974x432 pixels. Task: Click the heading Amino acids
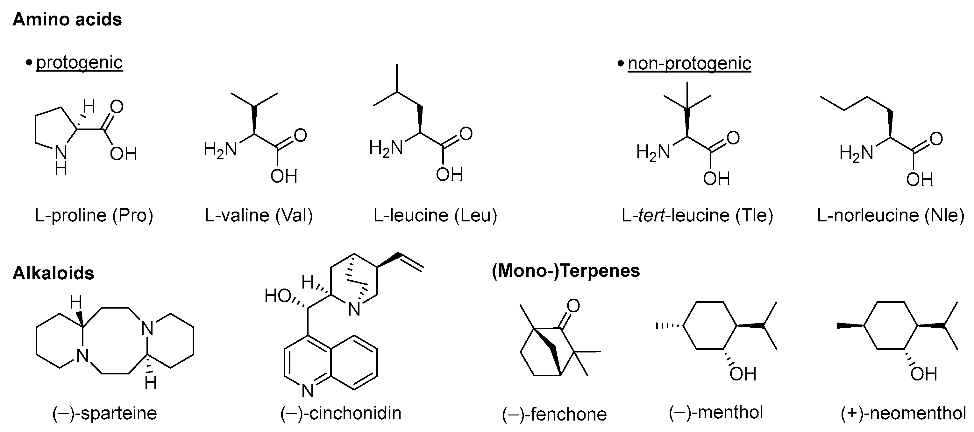click(x=67, y=19)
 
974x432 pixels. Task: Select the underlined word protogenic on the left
click(x=79, y=63)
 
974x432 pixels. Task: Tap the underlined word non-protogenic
click(x=689, y=63)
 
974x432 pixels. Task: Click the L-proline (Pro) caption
click(x=94, y=216)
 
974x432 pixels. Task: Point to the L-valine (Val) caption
click(x=259, y=216)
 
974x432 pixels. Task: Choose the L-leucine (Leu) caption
click(x=435, y=216)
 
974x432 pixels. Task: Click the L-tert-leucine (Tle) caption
click(x=697, y=216)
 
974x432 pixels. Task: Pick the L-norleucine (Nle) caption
click(x=891, y=216)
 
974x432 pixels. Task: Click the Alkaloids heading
click(x=53, y=273)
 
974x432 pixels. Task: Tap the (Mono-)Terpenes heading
click(x=565, y=271)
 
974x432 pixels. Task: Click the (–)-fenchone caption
click(x=554, y=414)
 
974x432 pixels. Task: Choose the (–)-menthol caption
click(x=716, y=412)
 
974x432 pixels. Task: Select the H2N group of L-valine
click(x=220, y=150)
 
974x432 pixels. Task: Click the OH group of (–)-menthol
click(x=743, y=374)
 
